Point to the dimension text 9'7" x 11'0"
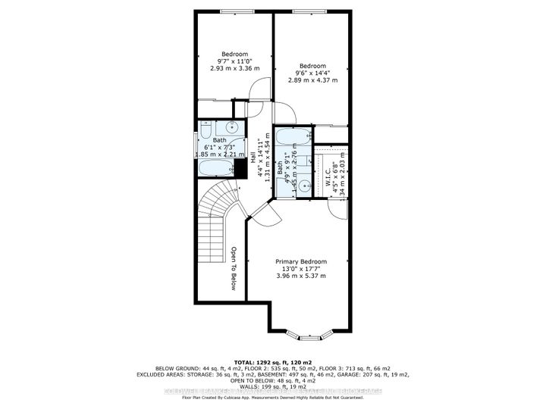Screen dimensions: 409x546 [234, 61]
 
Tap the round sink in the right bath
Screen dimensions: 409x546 [303, 184]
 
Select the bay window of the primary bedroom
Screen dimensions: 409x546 [312, 330]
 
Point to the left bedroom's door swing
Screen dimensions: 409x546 [259, 88]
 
